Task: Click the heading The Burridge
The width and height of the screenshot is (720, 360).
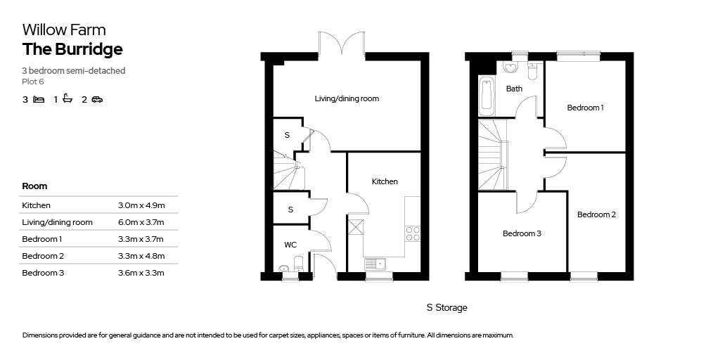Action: tap(72, 49)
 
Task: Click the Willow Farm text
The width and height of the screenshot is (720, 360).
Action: tap(64, 30)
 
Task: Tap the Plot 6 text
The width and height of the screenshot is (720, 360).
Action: tap(32, 82)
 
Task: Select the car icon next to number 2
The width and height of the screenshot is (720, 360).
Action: tap(97, 99)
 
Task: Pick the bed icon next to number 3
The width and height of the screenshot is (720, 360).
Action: tap(39, 99)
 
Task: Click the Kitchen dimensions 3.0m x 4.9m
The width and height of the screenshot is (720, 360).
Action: tap(141, 205)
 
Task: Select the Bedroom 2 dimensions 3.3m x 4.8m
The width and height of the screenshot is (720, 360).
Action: tap(141, 256)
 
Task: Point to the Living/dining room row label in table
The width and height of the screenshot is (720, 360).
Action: tap(57, 222)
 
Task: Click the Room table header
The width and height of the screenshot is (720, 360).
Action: tap(34, 186)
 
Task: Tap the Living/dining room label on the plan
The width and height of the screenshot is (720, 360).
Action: tap(347, 98)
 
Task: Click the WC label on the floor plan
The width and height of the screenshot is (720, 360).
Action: tap(290, 245)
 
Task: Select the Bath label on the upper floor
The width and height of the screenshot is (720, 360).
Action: tap(514, 89)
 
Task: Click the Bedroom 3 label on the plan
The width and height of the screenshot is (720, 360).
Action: tap(521, 233)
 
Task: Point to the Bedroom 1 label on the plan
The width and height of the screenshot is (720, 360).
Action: tap(586, 108)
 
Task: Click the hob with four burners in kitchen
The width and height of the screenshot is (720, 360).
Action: tap(413, 233)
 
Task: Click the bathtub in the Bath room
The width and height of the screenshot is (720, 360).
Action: tap(486, 96)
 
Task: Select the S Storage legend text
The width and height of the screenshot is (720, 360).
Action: tap(446, 308)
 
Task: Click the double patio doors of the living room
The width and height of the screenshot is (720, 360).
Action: tap(342, 44)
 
